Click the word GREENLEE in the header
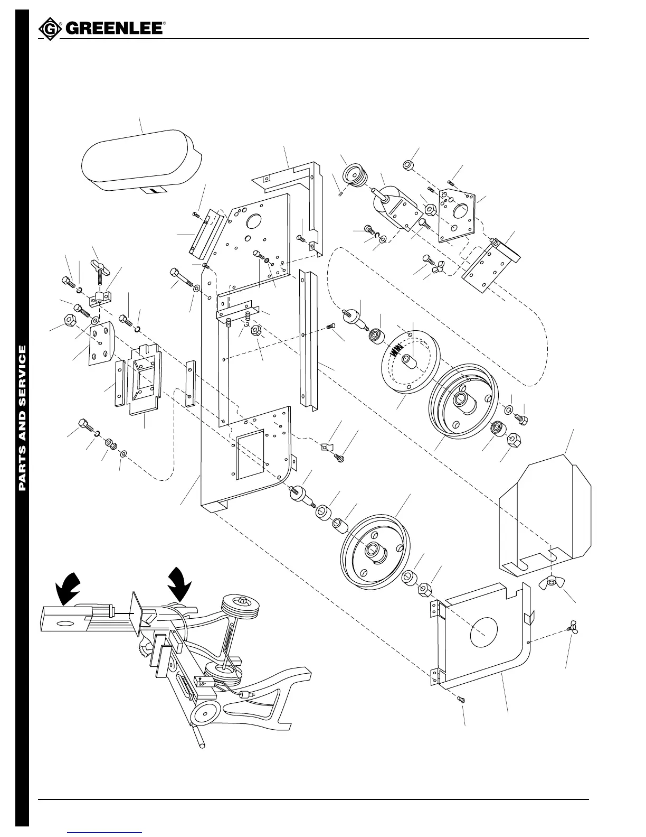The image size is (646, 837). pyautogui.click(x=114, y=29)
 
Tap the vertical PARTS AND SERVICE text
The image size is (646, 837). pyautogui.click(x=22, y=417)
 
